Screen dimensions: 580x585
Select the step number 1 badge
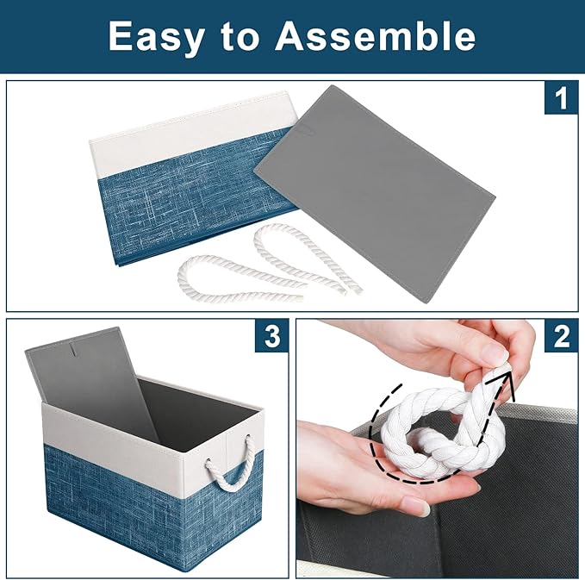pyautogui.click(x=561, y=100)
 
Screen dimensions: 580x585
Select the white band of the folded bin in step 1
pyautogui.click(x=172, y=138)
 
